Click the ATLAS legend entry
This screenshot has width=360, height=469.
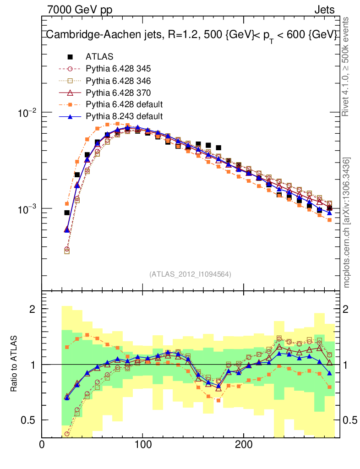(x=99, y=57)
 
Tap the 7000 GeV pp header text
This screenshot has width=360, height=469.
(x=80, y=9)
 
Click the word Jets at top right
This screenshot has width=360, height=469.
(x=324, y=9)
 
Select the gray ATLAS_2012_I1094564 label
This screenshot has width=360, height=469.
(x=190, y=274)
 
